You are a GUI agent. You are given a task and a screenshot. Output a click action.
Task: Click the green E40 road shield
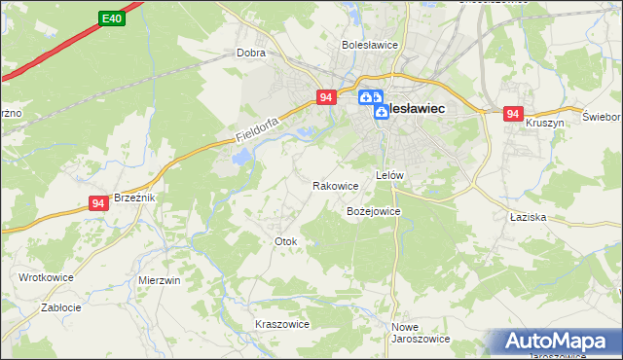click(x=112, y=18)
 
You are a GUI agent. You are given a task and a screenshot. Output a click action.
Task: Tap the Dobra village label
click(x=251, y=54)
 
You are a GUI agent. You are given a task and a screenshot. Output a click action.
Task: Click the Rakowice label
click(x=335, y=185)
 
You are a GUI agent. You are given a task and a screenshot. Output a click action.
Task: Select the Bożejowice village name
click(x=373, y=210)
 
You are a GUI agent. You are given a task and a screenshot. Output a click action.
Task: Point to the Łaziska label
click(x=527, y=218)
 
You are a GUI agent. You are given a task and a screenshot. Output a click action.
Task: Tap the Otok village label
click(x=285, y=240)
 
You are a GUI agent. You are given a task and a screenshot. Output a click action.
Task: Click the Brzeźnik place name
click(x=134, y=197)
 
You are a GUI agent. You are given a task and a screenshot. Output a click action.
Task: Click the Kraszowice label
click(x=281, y=324)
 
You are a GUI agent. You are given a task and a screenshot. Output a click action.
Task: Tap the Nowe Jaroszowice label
click(x=420, y=333)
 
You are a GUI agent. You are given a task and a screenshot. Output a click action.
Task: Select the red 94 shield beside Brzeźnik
click(x=98, y=202)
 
